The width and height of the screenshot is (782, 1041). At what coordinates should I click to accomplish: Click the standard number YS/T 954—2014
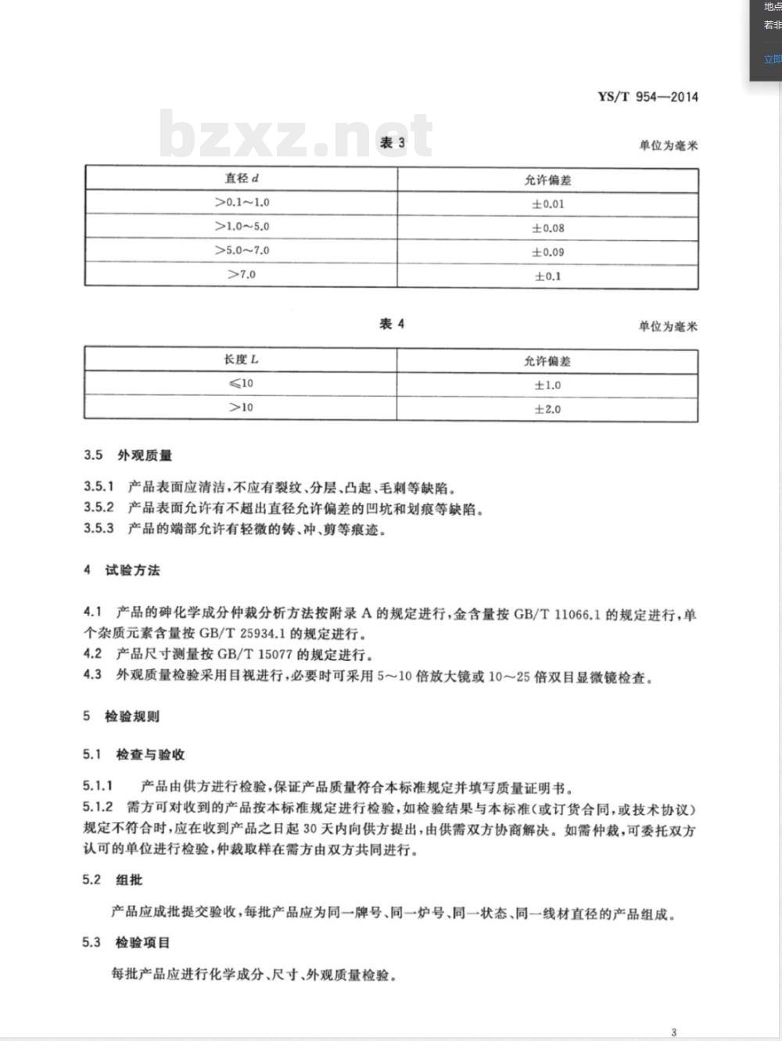click(647, 97)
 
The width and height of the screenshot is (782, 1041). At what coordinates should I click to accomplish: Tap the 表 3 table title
click(392, 142)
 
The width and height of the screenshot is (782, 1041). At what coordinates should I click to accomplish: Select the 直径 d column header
click(242, 178)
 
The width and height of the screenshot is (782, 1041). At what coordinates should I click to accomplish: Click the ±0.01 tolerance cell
click(547, 204)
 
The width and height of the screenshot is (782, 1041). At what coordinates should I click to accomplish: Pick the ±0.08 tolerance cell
click(547, 228)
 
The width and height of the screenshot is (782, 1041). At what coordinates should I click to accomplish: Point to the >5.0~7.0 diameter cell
click(242, 250)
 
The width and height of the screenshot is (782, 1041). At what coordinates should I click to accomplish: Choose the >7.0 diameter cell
click(242, 275)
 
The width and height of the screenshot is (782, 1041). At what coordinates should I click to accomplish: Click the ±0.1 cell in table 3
click(547, 276)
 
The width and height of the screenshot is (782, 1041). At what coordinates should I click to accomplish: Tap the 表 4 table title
click(392, 324)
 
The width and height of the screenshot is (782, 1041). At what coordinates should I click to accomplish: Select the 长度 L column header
click(241, 360)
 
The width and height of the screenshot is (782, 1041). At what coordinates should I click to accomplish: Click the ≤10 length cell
click(241, 383)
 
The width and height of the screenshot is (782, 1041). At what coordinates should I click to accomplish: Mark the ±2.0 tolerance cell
click(547, 409)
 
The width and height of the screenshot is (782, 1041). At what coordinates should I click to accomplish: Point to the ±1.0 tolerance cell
click(547, 385)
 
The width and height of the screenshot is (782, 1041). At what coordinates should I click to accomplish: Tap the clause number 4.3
click(92, 674)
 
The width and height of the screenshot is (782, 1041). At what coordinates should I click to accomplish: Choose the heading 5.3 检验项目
click(125, 942)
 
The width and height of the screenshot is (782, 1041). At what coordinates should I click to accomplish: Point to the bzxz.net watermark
click(296, 135)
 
